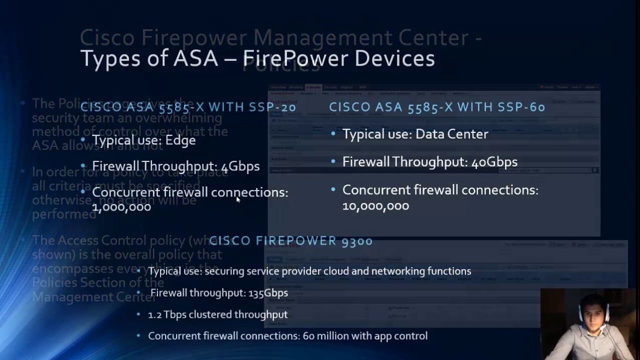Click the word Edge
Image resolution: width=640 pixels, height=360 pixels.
coord(180,140)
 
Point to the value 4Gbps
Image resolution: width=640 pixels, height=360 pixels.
coord(240,166)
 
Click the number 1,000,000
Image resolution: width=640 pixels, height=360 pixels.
coord(121,206)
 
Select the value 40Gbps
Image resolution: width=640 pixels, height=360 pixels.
coord(494,162)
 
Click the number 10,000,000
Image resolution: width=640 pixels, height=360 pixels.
coord(375,205)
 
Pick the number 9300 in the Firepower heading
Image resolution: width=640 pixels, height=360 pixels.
coord(356,241)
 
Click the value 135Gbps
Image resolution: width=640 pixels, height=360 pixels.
coord(268,293)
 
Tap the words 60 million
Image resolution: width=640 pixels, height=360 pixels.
coord(325,336)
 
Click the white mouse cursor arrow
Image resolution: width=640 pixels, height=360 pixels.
coord(238,199)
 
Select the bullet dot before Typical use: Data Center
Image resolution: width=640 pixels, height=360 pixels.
coord(333,134)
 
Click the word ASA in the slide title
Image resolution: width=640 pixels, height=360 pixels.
coord(196,58)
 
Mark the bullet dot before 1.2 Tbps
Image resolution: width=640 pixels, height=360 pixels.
coord(138,314)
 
